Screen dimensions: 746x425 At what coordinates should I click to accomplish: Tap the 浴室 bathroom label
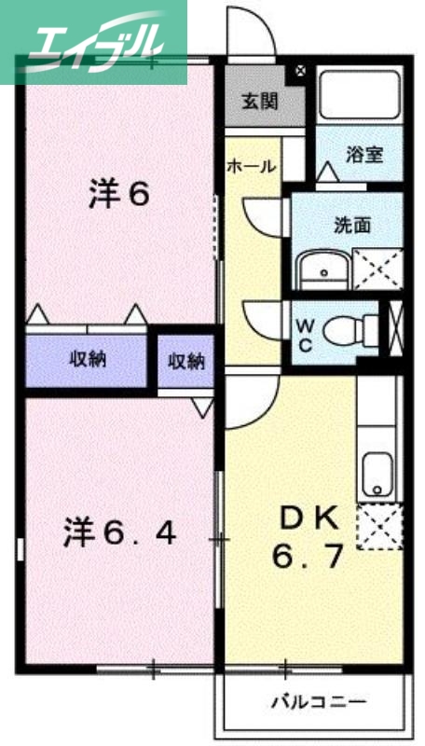[x=363, y=155]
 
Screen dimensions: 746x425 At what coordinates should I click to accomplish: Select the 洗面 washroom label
[x=353, y=225]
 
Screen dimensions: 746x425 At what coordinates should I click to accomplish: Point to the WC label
[x=307, y=334]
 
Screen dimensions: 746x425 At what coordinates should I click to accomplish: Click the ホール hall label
[x=252, y=167]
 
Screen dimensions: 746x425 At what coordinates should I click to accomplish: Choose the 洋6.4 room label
[x=119, y=533]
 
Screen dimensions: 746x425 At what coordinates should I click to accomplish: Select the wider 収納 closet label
[x=86, y=358]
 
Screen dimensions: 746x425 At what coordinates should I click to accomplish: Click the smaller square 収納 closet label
[x=185, y=361]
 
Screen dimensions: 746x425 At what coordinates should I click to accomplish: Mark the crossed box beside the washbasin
[x=377, y=269]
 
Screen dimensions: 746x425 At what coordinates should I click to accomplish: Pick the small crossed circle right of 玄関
[x=299, y=71]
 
